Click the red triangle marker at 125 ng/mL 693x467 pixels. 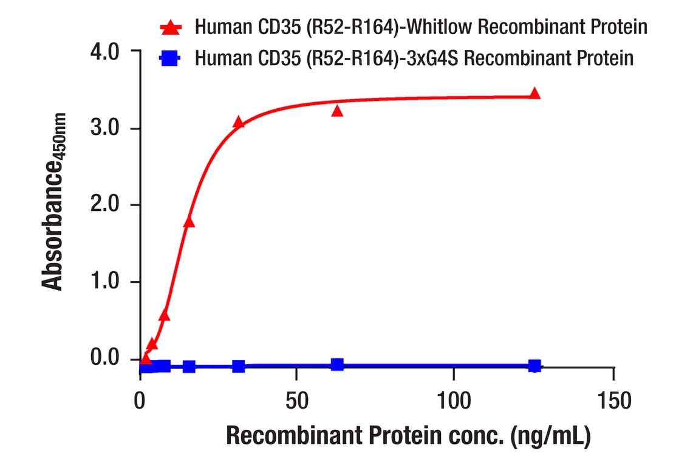point(534,94)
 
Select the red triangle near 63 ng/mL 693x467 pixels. point(337,111)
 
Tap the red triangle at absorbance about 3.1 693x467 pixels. point(238,123)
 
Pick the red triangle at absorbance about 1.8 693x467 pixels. point(189,222)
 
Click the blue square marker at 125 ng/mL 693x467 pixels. point(534,365)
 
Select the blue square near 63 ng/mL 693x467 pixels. point(337,364)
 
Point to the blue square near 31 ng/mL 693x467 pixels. point(238,366)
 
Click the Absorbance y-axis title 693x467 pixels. point(54,201)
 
